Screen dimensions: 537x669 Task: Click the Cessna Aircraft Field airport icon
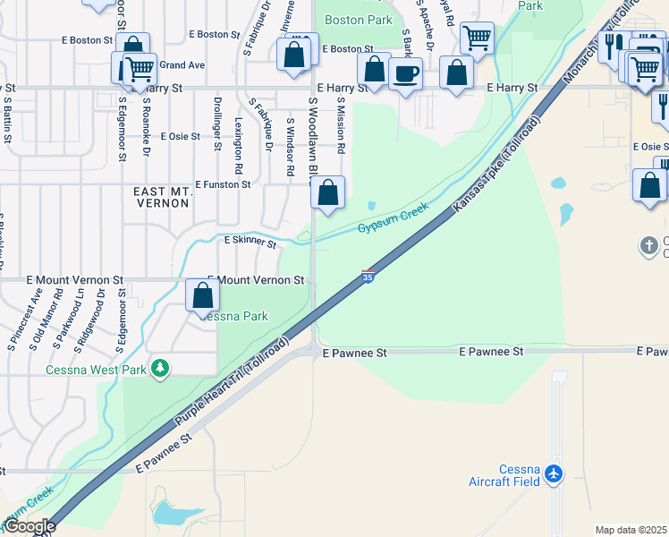[x=555, y=472]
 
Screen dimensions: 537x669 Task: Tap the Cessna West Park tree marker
[x=160, y=369]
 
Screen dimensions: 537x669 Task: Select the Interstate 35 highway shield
[x=368, y=277]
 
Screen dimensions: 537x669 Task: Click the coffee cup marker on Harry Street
[x=406, y=72]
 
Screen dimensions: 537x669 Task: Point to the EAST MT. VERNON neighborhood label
[x=161, y=198]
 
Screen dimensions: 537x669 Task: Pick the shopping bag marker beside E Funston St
[x=328, y=192]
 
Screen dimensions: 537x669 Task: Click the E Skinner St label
[x=250, y=241]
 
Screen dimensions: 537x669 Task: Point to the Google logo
[x=29, y=526]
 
